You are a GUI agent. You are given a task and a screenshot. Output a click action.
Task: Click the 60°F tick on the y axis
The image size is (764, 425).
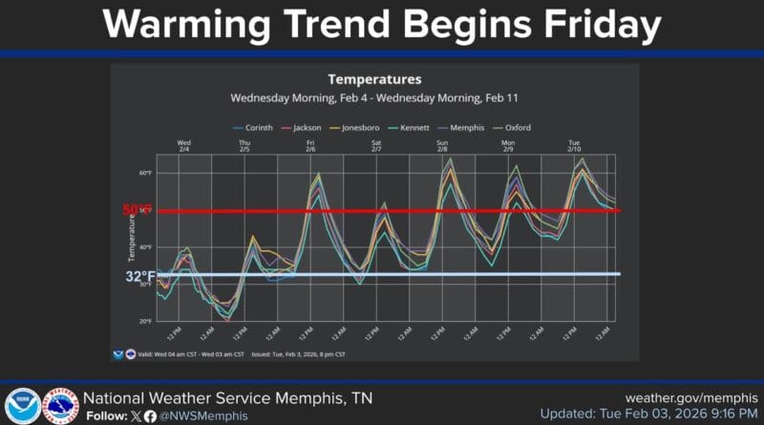click(145, 174)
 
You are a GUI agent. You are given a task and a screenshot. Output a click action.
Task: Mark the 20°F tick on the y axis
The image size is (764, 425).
click(145, 322)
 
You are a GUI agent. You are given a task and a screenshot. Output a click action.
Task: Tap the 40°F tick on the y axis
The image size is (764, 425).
click(145, 247)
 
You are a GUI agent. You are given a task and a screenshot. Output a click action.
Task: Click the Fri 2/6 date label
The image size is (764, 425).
click(310, 145)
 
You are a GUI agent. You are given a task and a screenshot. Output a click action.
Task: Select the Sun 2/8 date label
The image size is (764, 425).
click(442, 145)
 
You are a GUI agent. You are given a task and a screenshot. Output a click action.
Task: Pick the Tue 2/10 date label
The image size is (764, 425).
click(574, 145)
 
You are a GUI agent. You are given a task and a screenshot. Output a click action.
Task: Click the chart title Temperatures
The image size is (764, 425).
click(374, 79)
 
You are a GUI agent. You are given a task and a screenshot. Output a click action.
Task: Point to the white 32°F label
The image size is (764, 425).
click(139, 277)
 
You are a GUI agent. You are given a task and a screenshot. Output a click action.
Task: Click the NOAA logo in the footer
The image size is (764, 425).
click(22, 406)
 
